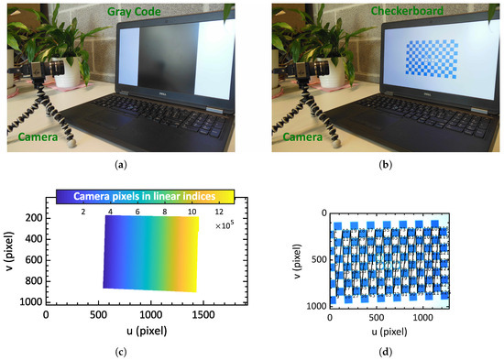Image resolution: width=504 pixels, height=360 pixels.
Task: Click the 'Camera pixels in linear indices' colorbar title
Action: tap(146, 195)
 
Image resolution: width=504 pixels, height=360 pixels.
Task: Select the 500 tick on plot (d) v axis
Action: tap(316, 258)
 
